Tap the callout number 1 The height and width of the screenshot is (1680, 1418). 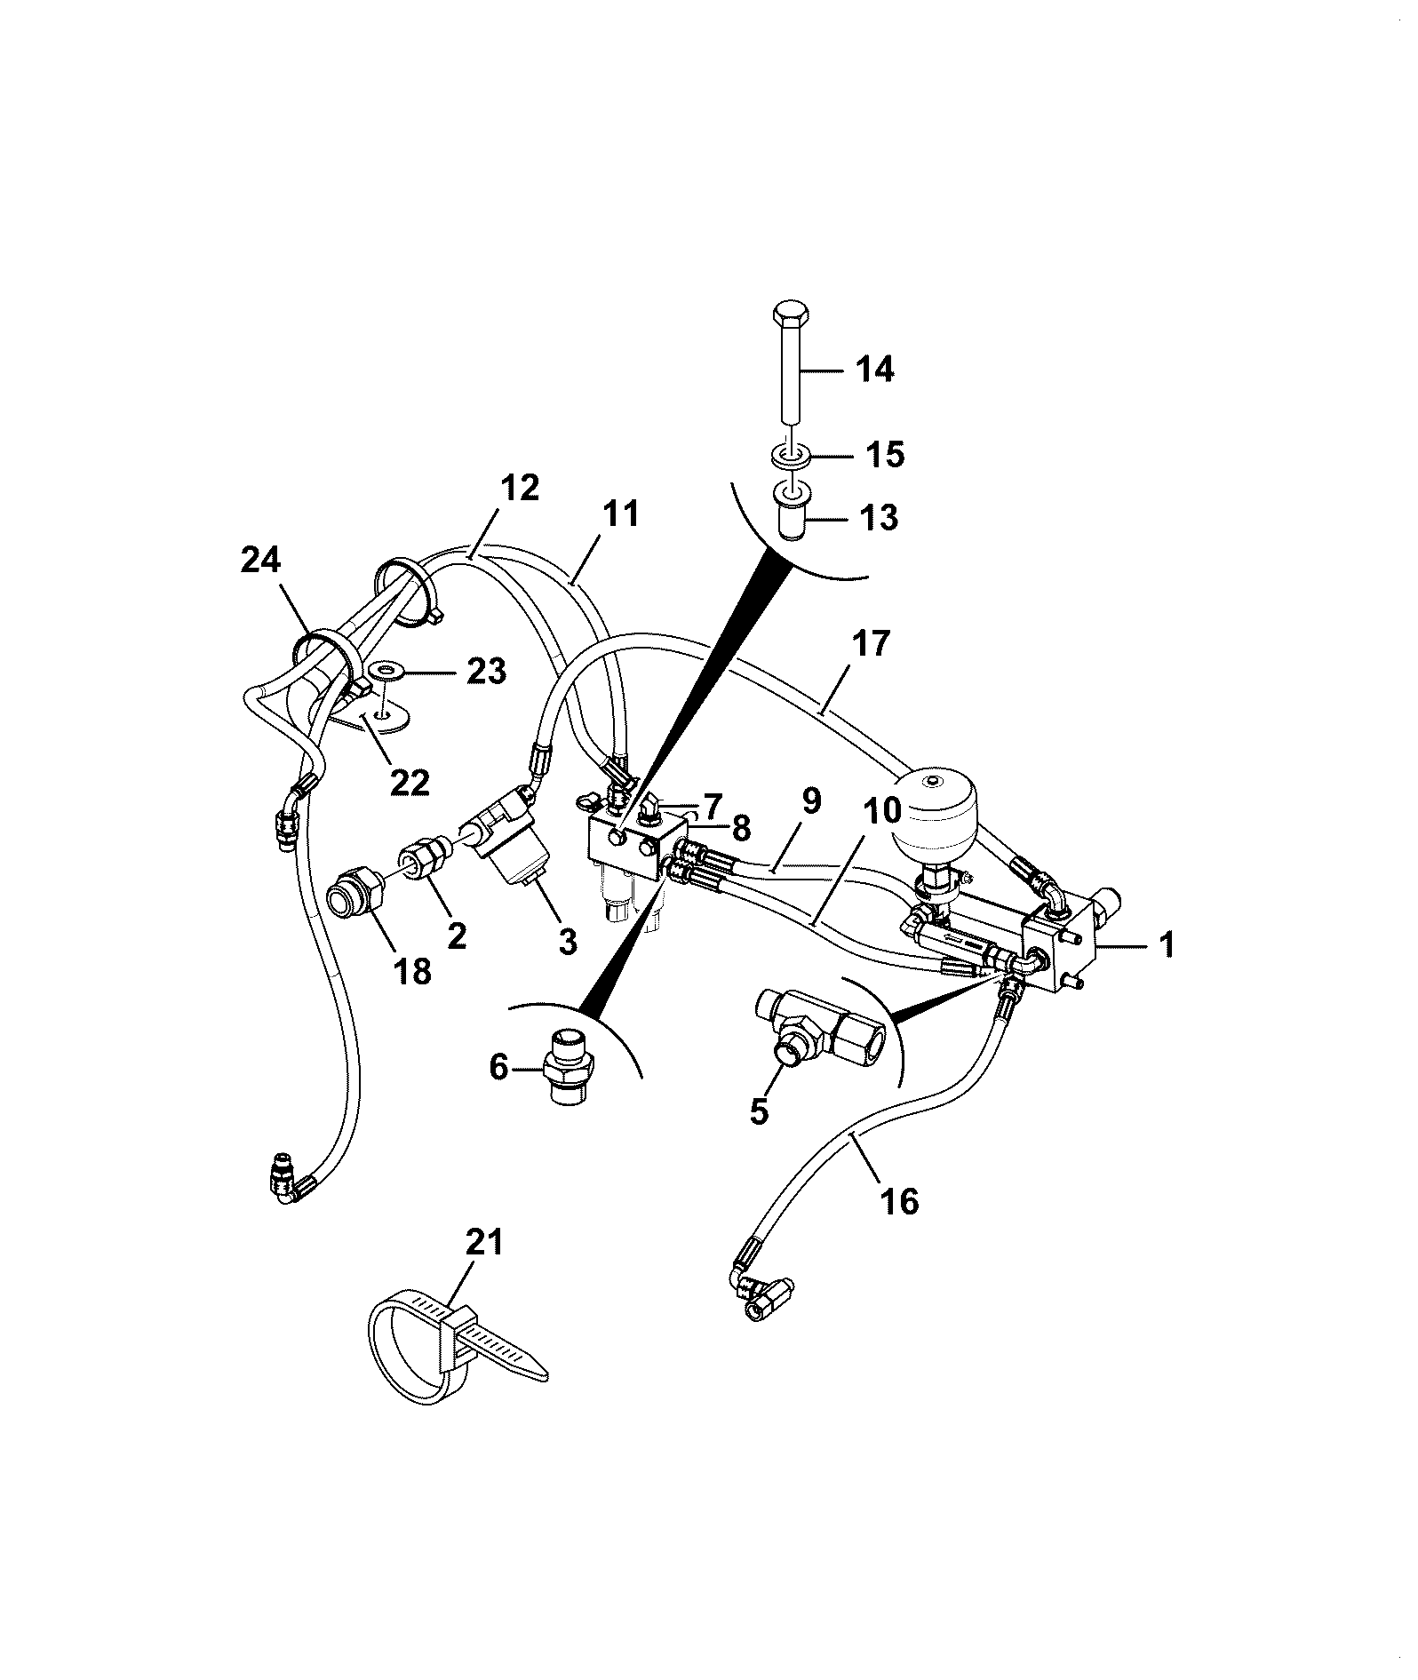pos(1167,944)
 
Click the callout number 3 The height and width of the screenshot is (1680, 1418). pos(567,941)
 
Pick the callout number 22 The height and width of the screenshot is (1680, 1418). pos(410,781)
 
